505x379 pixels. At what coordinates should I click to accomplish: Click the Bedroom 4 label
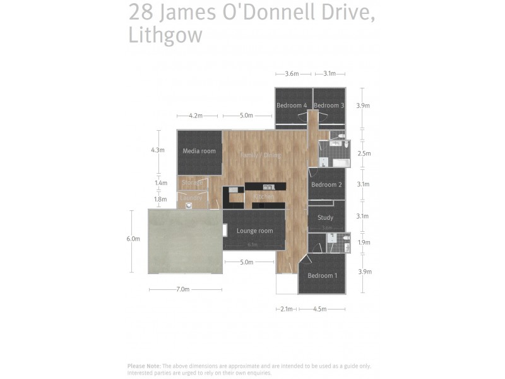pyautogui.click(x=292, y=105)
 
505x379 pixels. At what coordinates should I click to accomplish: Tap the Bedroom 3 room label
pyautogui.click(x=329, y=105)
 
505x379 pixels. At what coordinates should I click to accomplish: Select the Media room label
pyautogui.click(x=199, y=151)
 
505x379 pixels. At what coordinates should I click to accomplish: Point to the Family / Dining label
pyautogui.click(x=260, y=155)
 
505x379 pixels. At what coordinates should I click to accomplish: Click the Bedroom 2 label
pyautogui.click(x=326, y=184)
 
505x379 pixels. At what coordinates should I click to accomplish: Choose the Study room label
pyautogui.click(x=325, y=218)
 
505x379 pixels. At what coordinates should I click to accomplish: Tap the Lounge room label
pyautogui.click(x=254, y=231)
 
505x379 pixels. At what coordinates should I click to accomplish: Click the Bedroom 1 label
pyautogui.click(x=322, y=275)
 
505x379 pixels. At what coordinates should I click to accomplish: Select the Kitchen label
pyautogui.click(x=263, y=197)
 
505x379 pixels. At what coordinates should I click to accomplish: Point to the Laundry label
pyautogui.click(x=191, y=198)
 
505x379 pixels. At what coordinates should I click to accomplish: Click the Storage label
pyautogui.click(x=192, y=183)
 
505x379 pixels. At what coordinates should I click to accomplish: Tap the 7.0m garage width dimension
pyautogui.click(x=182, y=289)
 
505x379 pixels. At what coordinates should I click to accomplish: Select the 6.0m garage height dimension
pyautogui.click(x=133, y=239)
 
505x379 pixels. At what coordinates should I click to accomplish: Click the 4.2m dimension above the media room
pyautogui.click(x=196, y=116)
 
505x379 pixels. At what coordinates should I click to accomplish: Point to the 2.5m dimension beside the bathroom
pyautogui.click(x=364, y=153)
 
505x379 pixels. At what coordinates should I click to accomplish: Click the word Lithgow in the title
pyautogui.click(x=165, y=35)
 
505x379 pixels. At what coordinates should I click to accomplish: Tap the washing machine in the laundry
pyautogui.click(x=188, y=205)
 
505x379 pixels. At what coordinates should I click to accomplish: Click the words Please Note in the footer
pyautogui.click(x=143, y=366)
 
